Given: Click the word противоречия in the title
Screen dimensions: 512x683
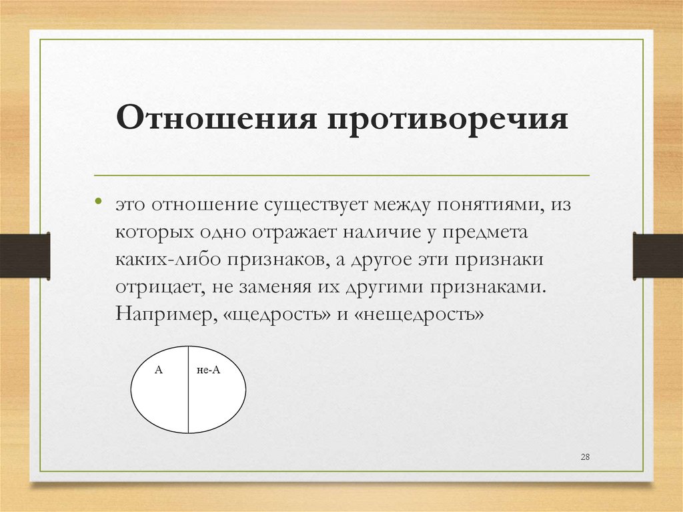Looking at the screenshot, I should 447,121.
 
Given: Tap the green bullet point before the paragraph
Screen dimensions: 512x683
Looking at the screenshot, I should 99,200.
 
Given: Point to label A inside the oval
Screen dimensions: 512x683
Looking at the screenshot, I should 159,369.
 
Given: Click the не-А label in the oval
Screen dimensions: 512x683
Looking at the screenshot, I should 208,369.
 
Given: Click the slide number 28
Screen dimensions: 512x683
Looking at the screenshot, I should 586,457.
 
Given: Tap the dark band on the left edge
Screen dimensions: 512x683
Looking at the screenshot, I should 25,256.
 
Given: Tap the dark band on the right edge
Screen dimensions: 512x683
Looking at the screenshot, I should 658,256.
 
